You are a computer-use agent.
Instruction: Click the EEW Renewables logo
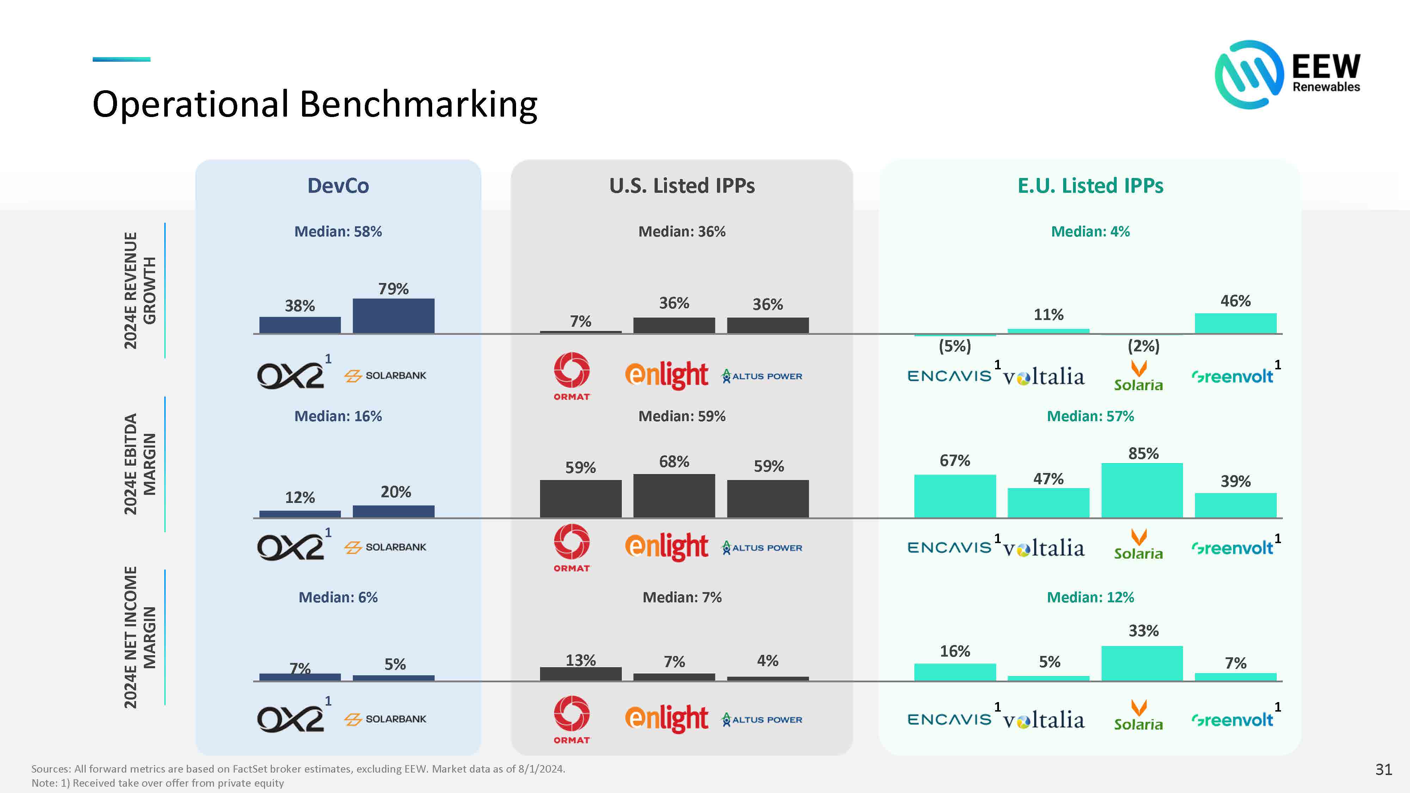coord(1287,74)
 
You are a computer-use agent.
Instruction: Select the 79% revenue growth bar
coord(393,316)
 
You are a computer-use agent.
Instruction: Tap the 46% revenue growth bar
coord(1236,323)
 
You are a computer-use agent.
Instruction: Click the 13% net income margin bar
coord(581,674)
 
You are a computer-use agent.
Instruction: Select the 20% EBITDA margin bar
coord(393,511)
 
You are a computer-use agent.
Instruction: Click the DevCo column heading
coord(338,185)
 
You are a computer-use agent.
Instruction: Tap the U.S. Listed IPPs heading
coord(682,185)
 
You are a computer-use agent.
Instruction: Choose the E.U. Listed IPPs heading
coord(1090,185)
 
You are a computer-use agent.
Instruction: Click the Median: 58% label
coord(338,232)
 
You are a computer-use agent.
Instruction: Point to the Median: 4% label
coord(1090,232)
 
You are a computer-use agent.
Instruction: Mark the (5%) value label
coord(955,346)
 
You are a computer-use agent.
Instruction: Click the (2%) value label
coord(1144,346)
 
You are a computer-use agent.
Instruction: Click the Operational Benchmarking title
coord(315,104)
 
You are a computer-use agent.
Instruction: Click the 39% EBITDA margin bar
coord(1236,505)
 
